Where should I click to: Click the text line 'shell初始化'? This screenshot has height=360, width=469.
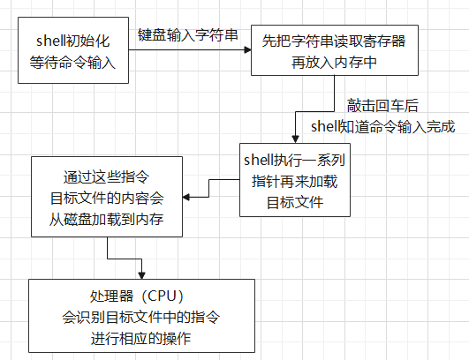[73, 41]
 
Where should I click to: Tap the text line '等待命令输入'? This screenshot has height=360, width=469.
[72, 63]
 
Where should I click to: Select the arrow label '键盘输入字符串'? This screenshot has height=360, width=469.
[187, 35]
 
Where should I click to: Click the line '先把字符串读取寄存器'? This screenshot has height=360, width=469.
[334, 41]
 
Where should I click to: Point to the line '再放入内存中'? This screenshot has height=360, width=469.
[334, 63]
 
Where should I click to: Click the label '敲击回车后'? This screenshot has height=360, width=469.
[382, 106]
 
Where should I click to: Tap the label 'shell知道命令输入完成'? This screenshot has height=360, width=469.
[382, 127]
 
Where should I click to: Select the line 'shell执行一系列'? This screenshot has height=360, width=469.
[295, 160]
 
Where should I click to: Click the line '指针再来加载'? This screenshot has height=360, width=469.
[295, 182]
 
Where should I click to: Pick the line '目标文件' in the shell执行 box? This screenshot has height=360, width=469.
[295, 203]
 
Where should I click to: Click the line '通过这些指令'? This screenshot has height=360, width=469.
[107, 176]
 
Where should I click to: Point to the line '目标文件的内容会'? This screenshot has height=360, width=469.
[107, 198]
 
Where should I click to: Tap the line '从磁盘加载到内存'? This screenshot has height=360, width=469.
[107, 220]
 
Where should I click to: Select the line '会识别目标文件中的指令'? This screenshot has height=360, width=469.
[141, 317]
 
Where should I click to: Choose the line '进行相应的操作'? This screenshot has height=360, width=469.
[141, 339]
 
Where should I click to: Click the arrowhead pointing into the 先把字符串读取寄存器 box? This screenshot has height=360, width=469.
[247, 50]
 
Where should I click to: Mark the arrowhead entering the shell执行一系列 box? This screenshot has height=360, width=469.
[295, 139]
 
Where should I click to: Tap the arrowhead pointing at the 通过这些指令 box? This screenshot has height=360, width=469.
[186, 197]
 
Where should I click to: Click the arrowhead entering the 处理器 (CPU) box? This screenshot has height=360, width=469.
[142, 275]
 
